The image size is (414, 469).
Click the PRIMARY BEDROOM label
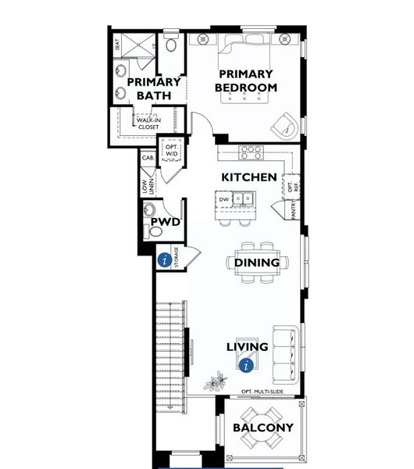click(x=247, y=81)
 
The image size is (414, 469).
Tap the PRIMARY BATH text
click(x=153, y=88)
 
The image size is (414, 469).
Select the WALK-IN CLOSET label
click(x=148, y=123)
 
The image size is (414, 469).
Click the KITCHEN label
click(x=248, y=177)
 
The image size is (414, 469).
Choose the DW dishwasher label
click(x=224, y=199)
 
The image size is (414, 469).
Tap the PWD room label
click(x=166, y=223)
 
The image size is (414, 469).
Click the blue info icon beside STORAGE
click(x=165, y=260)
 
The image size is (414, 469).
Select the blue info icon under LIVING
click(x=248, y=363)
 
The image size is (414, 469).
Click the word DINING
click(x=257, y=263)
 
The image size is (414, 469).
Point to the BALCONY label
click(x=263, y=428)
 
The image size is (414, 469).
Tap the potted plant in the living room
click(x=214, y=383)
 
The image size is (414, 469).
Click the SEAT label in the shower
click(x=118, y=45)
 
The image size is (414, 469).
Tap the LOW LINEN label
click(x=147, y=187)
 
